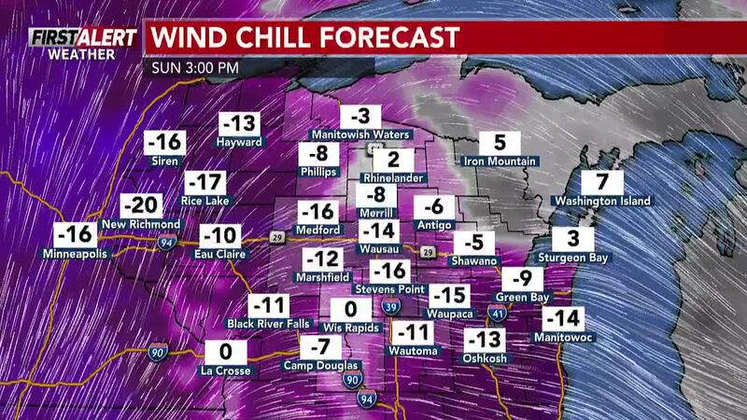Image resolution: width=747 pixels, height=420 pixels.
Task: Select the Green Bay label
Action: [x=522, y=299]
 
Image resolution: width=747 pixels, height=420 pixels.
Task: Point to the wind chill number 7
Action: [x=601, y=181]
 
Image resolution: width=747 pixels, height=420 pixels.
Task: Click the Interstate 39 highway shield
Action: [x=394, y=308]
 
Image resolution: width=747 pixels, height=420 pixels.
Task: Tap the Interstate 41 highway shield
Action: [x=497, y=315]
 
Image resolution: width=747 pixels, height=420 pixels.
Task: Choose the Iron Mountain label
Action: [x=500, y=161]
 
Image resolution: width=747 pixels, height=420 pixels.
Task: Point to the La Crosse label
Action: [x=225, y=371]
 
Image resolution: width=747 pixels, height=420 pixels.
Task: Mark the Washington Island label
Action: [x=601, y=200]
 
